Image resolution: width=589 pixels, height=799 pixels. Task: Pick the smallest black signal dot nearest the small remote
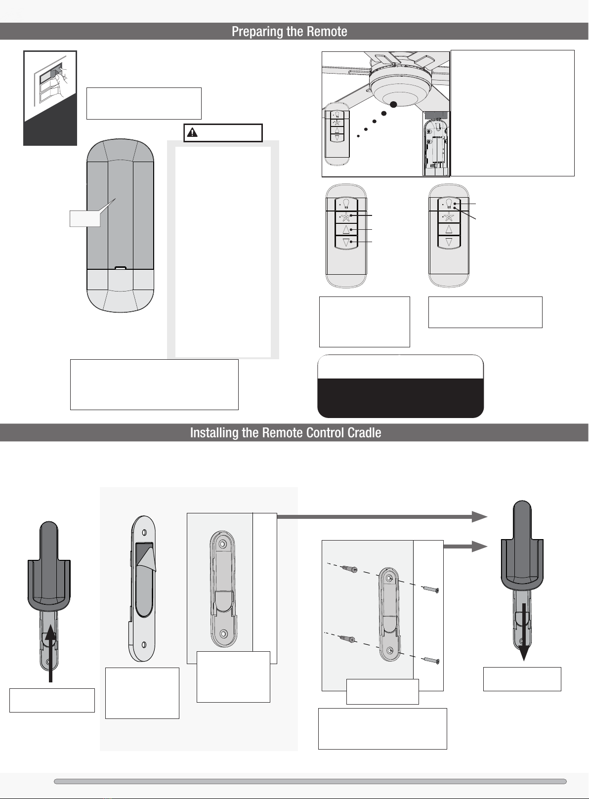click(358, 135)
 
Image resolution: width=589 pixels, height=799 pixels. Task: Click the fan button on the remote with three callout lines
click(346, 216)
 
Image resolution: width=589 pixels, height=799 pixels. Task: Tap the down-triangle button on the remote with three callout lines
click(346, 242)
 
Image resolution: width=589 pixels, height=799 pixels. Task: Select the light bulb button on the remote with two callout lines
click(449, 204)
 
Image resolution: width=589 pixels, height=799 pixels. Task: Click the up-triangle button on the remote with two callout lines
click(449, 229)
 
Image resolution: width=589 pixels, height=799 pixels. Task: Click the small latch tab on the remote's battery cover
click(120, 268)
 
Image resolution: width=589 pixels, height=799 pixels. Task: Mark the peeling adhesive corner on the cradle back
click(148, 556)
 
